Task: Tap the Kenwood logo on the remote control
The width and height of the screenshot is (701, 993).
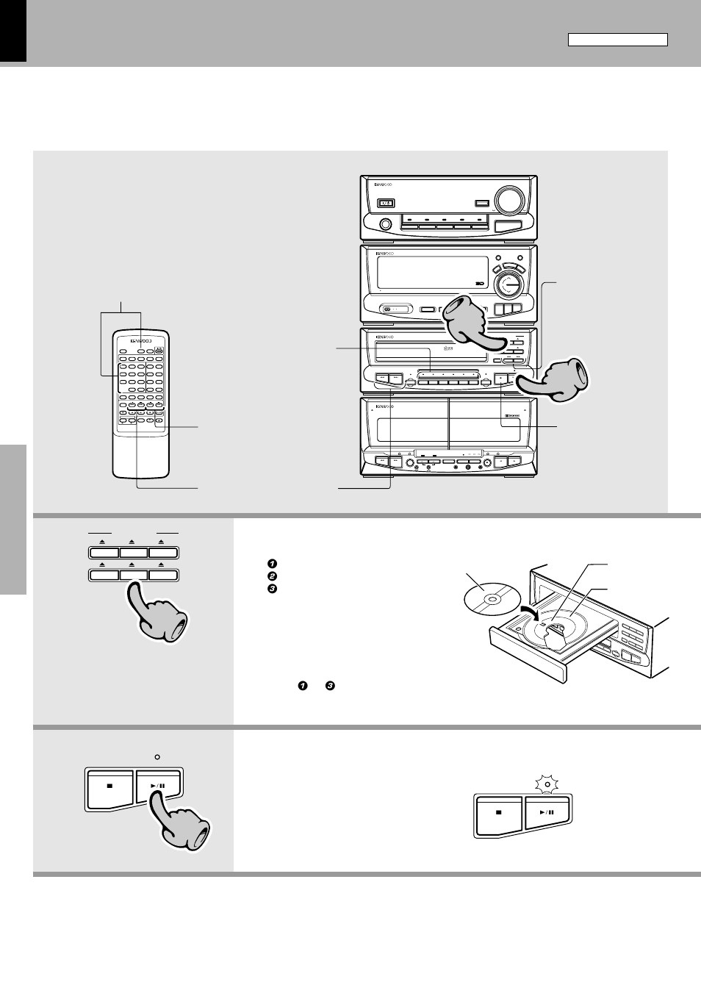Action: coord(140,341)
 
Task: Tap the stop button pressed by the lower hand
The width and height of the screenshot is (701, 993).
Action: coord(109,786)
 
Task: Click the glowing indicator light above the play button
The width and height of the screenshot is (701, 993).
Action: coord(547,784)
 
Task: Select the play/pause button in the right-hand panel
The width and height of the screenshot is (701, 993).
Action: coord(547,813)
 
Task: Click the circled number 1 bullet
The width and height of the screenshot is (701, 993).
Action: coord(272,564)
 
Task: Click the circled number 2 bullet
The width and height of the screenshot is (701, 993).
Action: coord(272,576)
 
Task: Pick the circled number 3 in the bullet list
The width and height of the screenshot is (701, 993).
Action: coord(272,588)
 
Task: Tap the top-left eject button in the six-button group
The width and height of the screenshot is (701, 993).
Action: coord(104,553)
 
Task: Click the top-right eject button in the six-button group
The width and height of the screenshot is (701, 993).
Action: coord(162,553)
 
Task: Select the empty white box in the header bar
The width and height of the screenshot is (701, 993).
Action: coord(617,40)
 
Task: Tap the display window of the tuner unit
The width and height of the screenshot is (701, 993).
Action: coord(432,273)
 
